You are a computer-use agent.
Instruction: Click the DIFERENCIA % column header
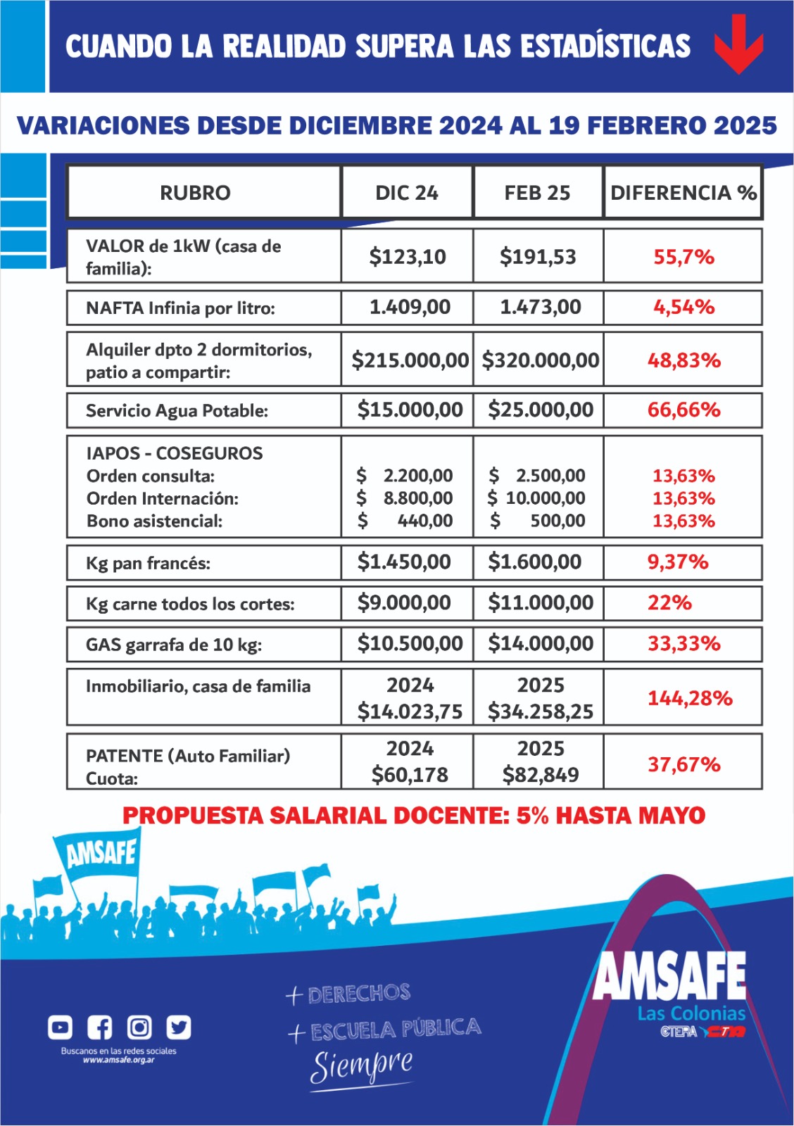click(x=683, y=193)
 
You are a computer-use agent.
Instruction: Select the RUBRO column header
click(x=195, y=193)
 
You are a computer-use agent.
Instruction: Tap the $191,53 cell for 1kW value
click(x=538, y=257)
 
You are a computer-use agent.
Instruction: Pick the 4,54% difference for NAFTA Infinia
click(x=683, y=308)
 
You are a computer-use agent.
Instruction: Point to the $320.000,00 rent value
click(x=540, y=360)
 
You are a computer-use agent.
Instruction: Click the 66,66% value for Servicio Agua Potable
click(x=683, y=410)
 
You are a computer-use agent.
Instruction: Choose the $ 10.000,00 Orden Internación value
click(x=537, y=498)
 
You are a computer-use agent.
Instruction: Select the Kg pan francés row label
click(x=148, y=563)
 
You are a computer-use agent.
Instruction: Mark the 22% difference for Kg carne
click(x=669, y=603)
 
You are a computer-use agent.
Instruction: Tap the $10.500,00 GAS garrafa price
click(x=410, y=643)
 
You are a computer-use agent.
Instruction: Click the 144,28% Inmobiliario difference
click(x=690, y=698)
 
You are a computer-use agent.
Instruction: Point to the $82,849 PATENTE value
click(x=540, y=775)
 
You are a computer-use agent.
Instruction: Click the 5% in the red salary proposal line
click(x=533, y=816)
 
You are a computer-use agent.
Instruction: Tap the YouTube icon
click(x=60, y=1028)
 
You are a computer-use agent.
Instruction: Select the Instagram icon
click(x=139, y=1028)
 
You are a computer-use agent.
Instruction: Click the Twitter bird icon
click(x=178, y=1028)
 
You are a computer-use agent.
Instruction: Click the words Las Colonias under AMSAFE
click(x=691, y=1013)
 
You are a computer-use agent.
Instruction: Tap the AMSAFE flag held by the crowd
click(x=100, y=854)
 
